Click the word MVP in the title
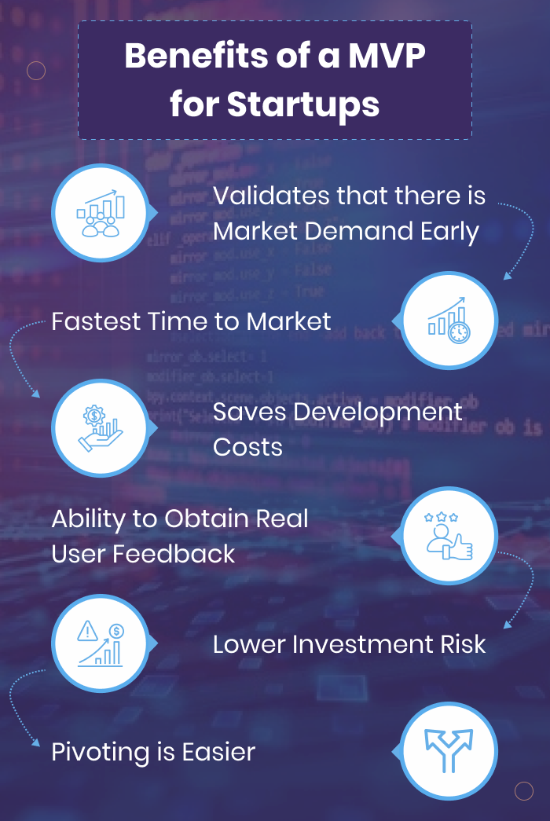[x=387, y=56]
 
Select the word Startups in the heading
[x=303, y=104]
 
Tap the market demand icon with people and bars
[x=101, y=214]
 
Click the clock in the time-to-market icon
[x=459, y=332]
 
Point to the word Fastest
[x=96, y=321]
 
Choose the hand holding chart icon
[x=100, y=428]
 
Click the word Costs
[x=247, y=447]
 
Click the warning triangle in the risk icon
[x=87, y=631]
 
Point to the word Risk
[x=463, y=644]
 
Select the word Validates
[x=271, y=196]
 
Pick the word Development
[x=378, y=412]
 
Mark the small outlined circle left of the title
[x=36, y=70]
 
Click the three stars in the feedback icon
[x=441, y=517]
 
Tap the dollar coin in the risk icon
[x=116, y=631]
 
